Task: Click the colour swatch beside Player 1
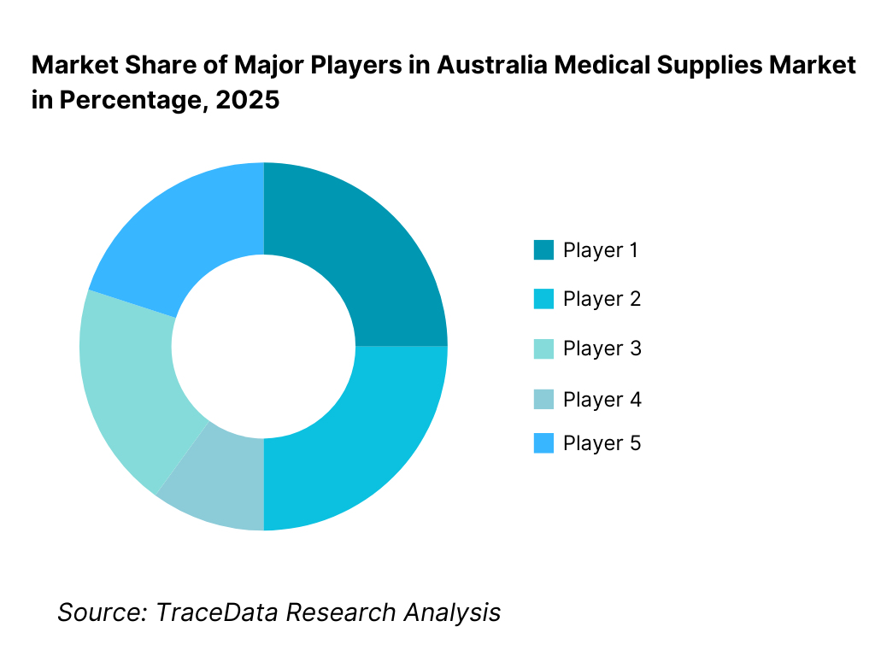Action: (543, 250)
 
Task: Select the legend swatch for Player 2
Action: (543, 299)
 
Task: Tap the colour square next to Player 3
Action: (543, 348)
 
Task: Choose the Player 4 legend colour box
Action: (543, 399)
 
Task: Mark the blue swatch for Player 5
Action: (543, 443)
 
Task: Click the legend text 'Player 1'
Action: (601, 250)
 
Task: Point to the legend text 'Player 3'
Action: (602, 348)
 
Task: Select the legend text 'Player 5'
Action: (602, 443)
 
